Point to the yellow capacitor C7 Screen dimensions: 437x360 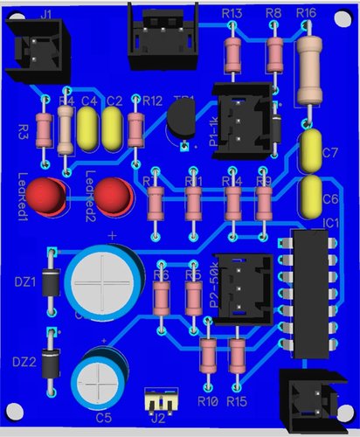311,152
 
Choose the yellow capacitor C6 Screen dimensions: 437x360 310,196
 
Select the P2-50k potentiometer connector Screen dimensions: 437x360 238,288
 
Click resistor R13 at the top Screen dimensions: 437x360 232,55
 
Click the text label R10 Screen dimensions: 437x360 207,401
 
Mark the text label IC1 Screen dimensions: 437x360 330,224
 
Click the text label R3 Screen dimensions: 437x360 24,131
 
